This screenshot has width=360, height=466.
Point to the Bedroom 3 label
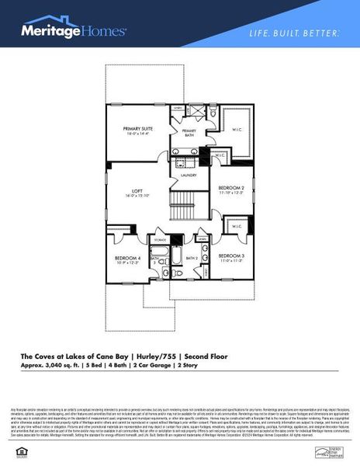click(231, 258)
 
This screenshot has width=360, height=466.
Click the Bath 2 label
click(192, 258)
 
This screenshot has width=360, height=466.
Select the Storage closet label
click(160, 241)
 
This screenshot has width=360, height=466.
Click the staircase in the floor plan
click(186, 208)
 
